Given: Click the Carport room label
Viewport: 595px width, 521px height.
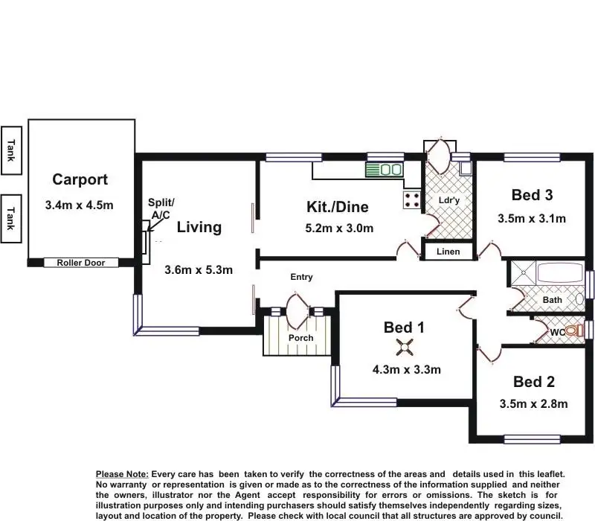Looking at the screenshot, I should click(x=80, y=179).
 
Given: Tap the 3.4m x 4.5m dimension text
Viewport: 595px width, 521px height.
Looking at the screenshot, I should click(x=79, y=205).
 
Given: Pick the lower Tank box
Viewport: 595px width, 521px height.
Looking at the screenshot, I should click(x=11, y=218).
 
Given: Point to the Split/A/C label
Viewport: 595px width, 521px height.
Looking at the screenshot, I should click(x=161, y=208).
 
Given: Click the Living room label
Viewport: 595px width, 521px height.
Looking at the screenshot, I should click(x=199, y=227).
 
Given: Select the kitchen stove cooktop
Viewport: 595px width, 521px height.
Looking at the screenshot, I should click(x=411, y=199).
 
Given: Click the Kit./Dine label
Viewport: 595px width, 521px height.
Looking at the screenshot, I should click(x=338, y=207).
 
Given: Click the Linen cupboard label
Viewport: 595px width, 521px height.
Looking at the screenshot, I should click(x=448, y=252).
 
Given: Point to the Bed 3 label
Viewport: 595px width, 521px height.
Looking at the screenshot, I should click(x=532, y=195).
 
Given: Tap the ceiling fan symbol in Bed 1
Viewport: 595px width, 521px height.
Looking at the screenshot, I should click(x=405, y=345).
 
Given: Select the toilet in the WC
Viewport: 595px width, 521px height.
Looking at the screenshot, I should click(x=573, y=330).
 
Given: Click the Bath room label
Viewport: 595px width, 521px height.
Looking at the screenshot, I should click(x=552, y=300).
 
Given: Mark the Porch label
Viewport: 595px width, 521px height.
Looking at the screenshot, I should click(x=300, y=338).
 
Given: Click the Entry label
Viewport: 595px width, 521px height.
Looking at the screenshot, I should click(x=301, y=277).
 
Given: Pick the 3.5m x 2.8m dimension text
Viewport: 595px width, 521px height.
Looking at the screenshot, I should click(x=533, y=405).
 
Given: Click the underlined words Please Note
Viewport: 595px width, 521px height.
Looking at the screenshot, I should click(x=123, y=474).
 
